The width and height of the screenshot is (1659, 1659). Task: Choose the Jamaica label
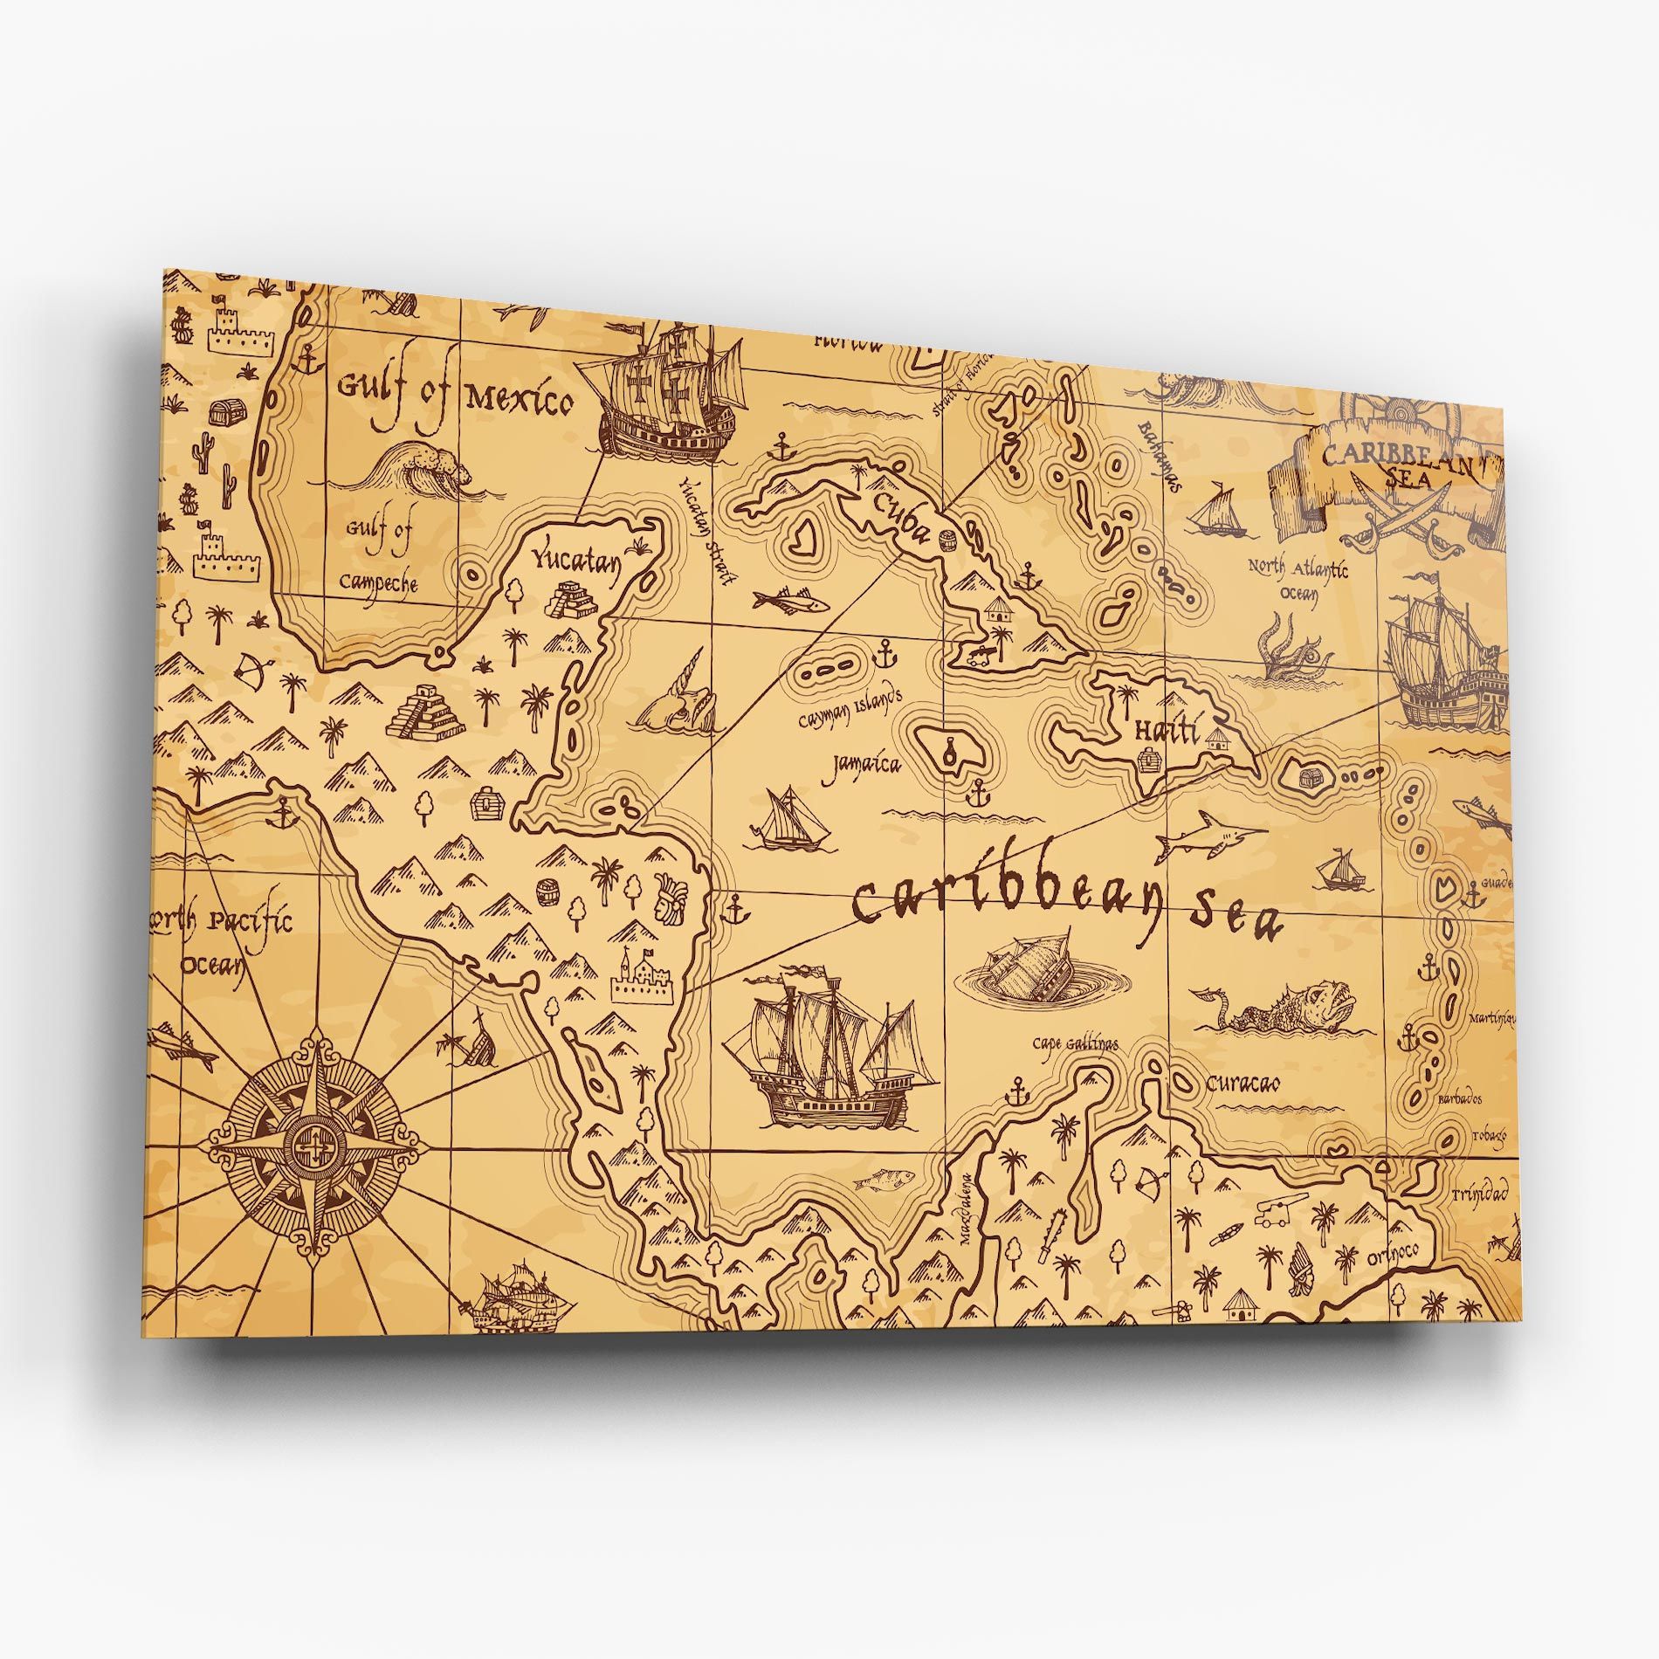pyautogui.click(x=861, y=765)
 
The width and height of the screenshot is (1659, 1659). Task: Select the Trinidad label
pyautogui.click(x=1481, y=1193)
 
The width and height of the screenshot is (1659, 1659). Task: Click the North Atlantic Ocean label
pyautogui.click(x=1298, y=579)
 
